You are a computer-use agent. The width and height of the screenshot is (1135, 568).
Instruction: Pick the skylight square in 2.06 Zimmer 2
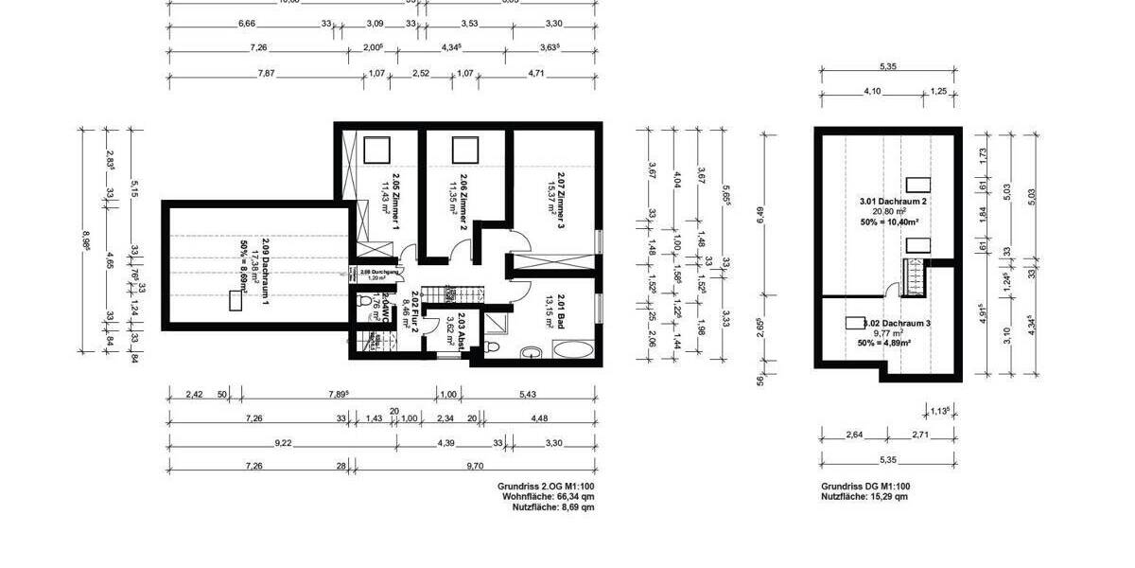(x=463, y=151)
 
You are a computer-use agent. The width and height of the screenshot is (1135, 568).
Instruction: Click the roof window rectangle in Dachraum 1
(x=235, y=301)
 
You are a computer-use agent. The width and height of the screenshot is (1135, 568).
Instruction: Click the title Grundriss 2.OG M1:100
(x=546, y=486)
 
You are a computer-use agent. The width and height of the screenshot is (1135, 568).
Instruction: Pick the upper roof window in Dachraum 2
(x=917, y=186)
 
